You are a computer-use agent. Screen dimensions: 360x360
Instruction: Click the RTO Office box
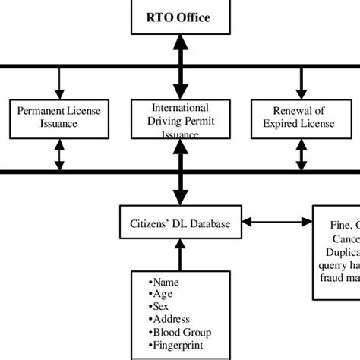pos(179,17)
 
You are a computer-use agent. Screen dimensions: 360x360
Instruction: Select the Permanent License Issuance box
pos(58,118)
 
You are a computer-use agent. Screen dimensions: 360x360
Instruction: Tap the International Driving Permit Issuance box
pos(180,118)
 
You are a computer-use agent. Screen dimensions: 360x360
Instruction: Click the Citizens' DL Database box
pos(180,223)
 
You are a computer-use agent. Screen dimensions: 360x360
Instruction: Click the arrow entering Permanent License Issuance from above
pos(58,83)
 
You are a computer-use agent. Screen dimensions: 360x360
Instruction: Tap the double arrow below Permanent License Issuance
pos(58,155)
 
